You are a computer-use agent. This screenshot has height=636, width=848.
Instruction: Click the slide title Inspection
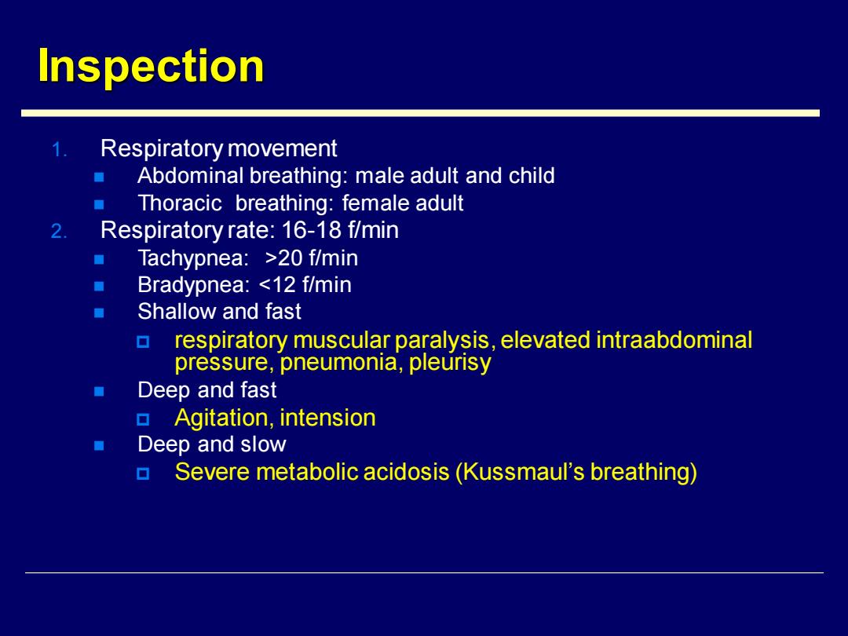(151, 66)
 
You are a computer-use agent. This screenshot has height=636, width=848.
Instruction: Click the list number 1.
(59, 150)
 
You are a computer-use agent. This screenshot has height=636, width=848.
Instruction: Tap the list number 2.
(59, 232)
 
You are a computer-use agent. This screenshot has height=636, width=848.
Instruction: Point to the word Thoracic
(180, 203)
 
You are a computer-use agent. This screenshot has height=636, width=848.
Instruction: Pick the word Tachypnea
(192, 258)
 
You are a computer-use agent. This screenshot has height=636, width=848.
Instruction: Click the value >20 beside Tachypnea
(284, 258)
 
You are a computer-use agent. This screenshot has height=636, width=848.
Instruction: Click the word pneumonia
(342, 362)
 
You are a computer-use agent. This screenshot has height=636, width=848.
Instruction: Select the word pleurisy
(450, 362)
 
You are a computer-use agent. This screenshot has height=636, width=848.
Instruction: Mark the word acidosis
(406, 472)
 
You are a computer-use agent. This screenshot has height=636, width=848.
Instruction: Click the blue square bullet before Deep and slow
(99, 446)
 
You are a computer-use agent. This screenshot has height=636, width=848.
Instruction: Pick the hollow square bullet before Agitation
(143, 419)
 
